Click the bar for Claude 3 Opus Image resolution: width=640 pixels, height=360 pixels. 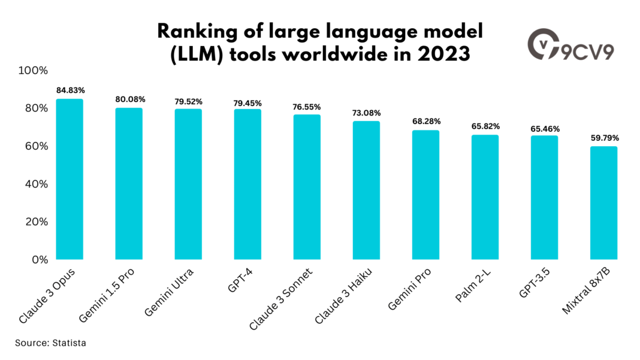[x=70, y=179]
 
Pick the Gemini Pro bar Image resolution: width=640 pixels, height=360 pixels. [x=425, y=195]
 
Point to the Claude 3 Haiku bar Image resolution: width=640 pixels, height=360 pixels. [x=366, y=190]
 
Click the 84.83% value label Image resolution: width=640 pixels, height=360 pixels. [x=70, y=90]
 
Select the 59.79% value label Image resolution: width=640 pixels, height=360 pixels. [x=603, y=138]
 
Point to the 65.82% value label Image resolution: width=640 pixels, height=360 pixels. [x=485, y=126]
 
